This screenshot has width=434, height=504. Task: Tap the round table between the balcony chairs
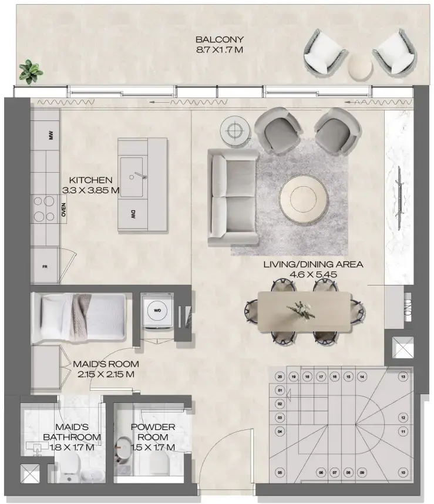(360, 66)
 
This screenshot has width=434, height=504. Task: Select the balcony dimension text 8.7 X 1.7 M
(219, 51)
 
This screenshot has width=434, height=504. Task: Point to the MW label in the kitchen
(51, 136)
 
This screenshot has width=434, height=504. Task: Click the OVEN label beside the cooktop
(63, 210)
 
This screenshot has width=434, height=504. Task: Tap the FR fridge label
(45, 266)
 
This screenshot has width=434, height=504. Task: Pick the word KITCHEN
(90, 180)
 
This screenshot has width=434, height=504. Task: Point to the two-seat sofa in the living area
(234, 197)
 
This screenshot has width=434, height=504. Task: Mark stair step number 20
(280, 377)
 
